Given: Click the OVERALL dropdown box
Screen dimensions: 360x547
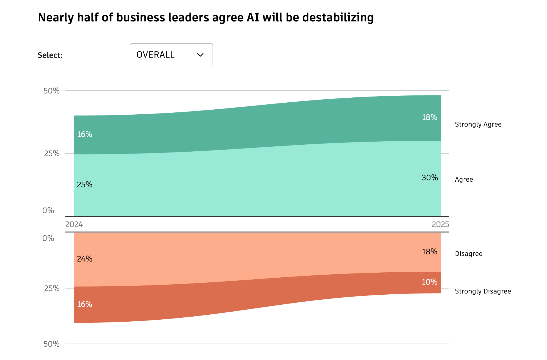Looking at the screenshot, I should (171, 55).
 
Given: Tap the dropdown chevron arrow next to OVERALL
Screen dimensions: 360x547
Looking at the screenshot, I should (200, 55).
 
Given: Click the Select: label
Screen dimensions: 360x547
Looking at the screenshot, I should (50, 55).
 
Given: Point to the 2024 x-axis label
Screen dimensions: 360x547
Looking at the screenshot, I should (74, 224).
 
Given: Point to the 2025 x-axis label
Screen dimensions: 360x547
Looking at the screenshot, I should (440, 224).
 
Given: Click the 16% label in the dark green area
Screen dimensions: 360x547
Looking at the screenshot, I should (85, 134).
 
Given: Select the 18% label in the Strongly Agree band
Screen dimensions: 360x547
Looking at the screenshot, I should (429, 117).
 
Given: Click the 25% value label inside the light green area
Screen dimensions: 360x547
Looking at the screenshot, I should (85, 185).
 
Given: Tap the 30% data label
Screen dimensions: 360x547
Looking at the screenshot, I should (429, 178).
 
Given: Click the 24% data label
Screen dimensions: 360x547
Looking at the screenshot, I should (85, 259).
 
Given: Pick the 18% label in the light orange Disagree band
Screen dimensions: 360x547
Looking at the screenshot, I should (429, 252).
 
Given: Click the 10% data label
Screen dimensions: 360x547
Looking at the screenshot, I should (429, 282).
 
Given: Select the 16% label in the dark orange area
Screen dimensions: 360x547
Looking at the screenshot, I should (85, 304).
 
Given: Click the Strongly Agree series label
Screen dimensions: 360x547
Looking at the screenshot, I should (478, 124).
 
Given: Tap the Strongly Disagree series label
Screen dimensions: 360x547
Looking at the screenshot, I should (483, 291).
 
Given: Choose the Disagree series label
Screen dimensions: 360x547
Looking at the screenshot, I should (469, 254).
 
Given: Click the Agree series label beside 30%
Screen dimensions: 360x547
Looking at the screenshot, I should (464, 179).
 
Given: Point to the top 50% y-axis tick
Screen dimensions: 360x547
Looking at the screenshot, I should (51, 91).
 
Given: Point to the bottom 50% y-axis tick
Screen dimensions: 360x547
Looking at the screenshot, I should (51, 344).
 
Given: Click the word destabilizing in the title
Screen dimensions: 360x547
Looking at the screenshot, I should (338, 18).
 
